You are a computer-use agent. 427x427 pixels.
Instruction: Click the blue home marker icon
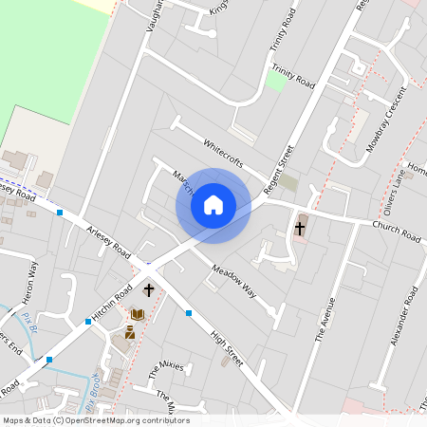tap(213, 205)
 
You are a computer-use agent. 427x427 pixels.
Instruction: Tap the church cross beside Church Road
tap(300, 228)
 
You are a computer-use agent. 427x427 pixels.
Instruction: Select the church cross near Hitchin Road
tap(149, 290)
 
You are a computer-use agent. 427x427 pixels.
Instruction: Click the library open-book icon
tap(138, 314)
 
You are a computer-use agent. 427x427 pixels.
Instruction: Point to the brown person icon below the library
tap(130, 332)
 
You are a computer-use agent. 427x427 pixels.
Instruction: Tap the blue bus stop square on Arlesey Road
tap(60, 213)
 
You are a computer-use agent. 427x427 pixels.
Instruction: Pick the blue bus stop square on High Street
tap(189, 312)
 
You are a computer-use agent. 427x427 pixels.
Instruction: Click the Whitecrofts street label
tap(225, 155)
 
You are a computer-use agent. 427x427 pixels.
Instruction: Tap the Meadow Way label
tap(233, 280)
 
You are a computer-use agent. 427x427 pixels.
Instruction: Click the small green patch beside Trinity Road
tap(275, 82)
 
